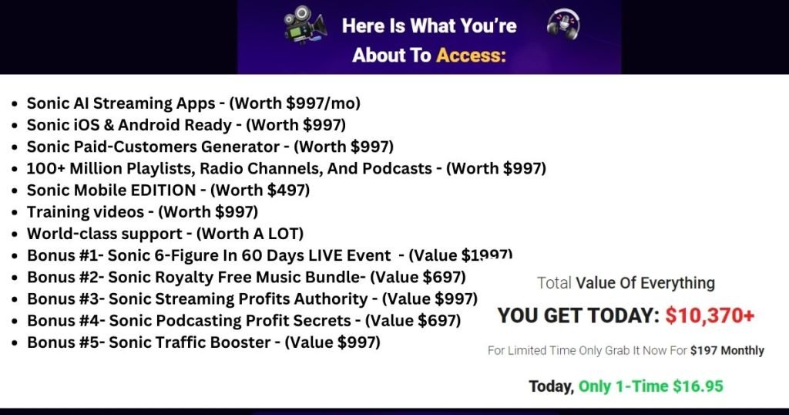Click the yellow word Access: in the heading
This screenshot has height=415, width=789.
471,55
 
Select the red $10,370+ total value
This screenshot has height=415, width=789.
710,315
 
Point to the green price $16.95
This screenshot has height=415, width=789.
698,386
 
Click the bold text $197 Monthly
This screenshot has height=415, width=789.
727,350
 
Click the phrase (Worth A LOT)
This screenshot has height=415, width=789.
250,234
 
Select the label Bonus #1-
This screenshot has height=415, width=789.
65,255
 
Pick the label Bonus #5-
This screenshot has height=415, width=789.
66,342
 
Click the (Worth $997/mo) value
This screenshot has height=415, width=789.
295,103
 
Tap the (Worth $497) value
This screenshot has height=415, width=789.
260,191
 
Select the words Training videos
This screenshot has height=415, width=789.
86,212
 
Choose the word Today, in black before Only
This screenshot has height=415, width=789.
551,386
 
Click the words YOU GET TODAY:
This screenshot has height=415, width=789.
579,315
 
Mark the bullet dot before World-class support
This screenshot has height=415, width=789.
15,234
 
